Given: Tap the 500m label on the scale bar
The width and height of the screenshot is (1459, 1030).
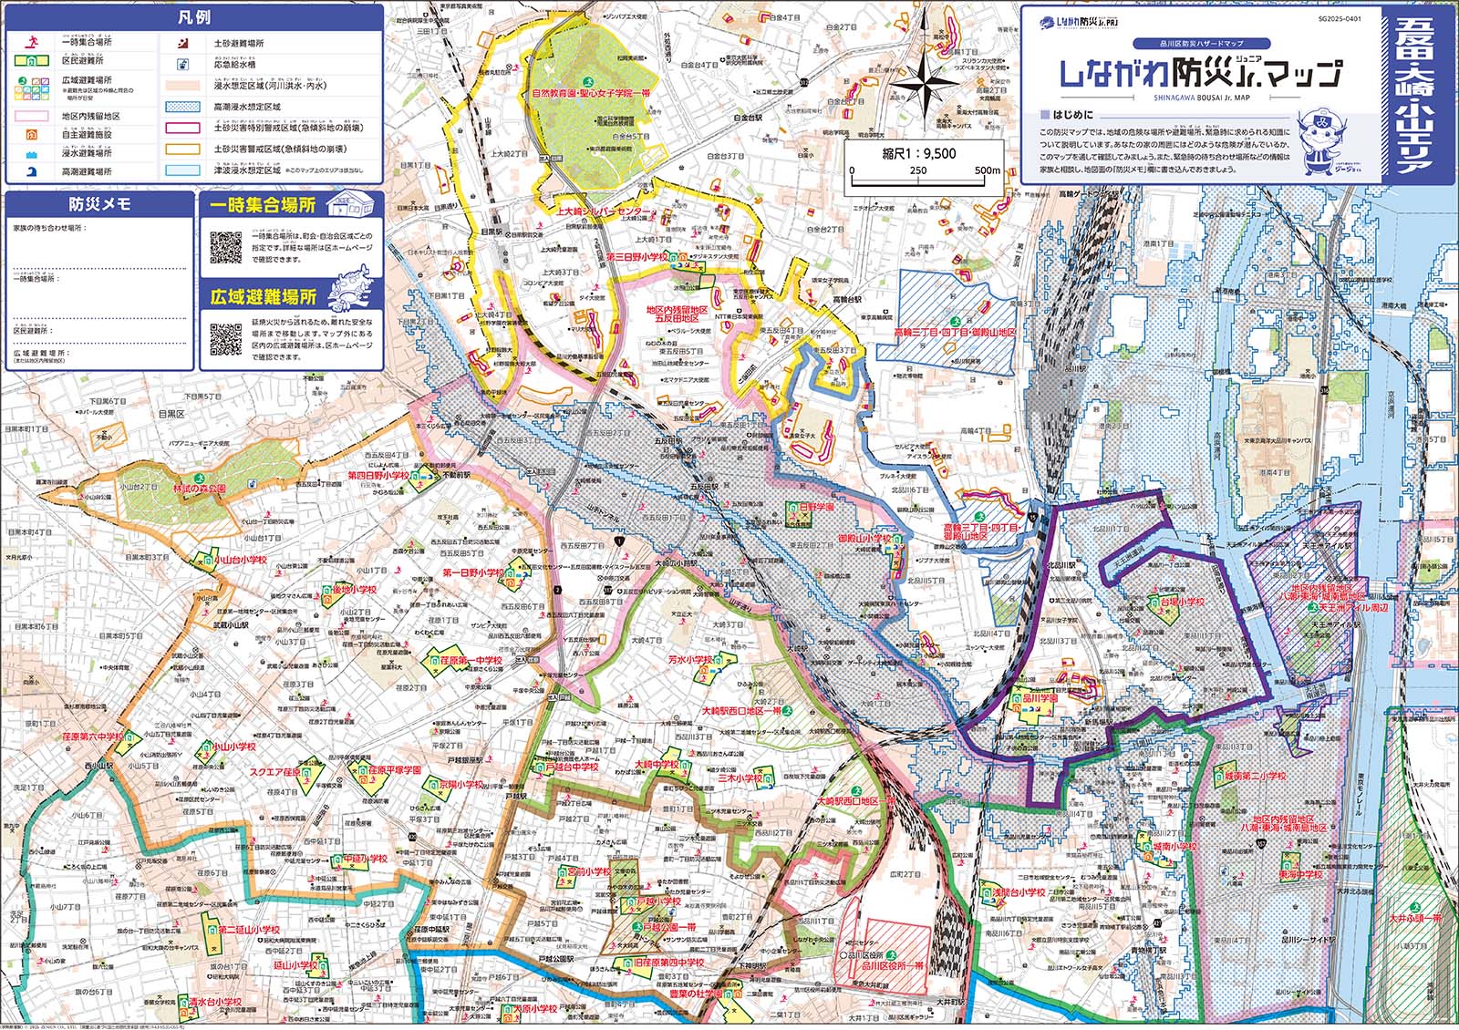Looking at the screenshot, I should pos(988,170).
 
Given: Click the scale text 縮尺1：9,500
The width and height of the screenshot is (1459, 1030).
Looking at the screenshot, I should pos(919,153).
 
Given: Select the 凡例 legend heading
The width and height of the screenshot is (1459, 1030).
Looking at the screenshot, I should pos(193,17).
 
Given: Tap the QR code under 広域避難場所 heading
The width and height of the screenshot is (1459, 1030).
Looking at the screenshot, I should pos(226,339).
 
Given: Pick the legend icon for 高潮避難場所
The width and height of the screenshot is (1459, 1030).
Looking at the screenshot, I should pos(32,170).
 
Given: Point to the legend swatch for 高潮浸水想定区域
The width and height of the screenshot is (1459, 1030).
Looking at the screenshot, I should pos(182,107).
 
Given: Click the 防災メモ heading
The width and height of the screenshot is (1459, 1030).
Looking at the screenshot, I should pos(99,204).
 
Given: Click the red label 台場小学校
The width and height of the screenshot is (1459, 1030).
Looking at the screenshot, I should pos(1182,602).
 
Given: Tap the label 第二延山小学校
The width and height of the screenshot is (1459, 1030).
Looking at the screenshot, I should pos(249,930).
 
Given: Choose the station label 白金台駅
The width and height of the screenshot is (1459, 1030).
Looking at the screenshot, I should pos(746,118).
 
